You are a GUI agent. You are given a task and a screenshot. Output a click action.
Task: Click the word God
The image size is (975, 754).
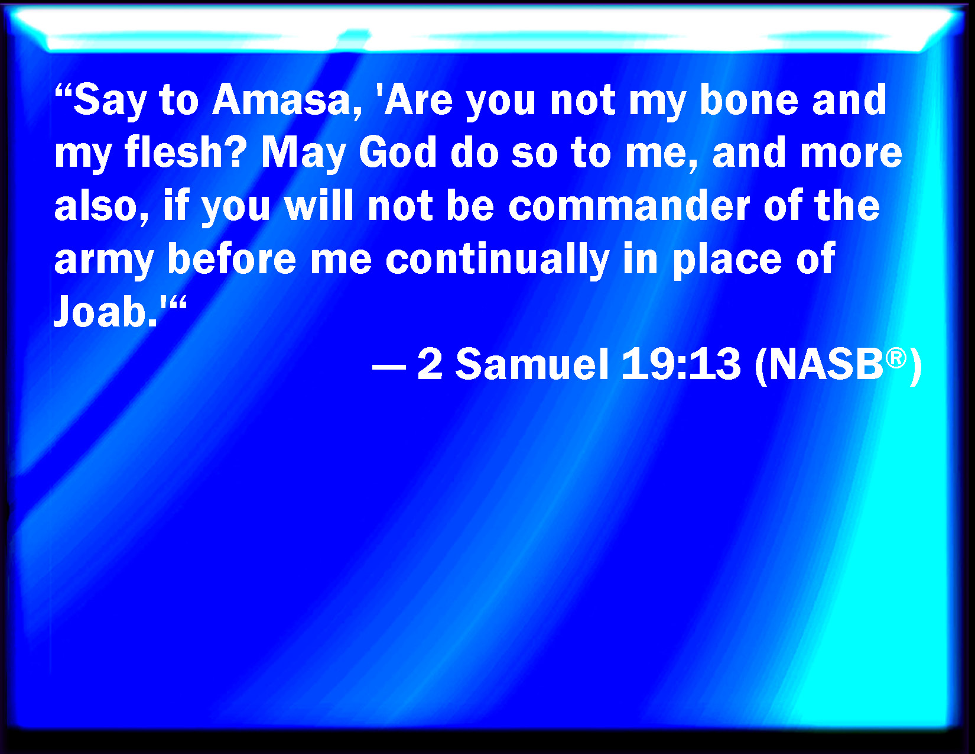point(398,152)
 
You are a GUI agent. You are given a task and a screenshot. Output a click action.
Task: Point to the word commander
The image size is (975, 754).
point(629,205)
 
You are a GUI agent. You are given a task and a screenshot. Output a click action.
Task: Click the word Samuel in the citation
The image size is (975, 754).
point(532,364)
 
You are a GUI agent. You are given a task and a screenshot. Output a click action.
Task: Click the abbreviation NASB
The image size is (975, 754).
point(825,364)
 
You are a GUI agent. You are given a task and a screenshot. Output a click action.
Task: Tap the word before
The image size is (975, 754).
point(232,258)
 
